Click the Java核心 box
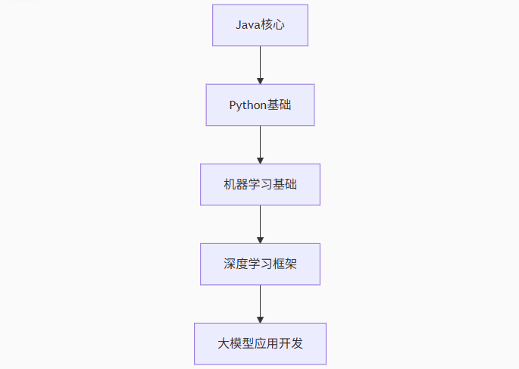pyautogui.click(x=260, y=25)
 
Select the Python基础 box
pyautogui.click(x=260, y=105)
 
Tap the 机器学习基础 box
pyautogui.click(x=260, y=184)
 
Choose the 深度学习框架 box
pyautogui.click(x=260, y=264)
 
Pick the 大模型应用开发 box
pyautogui.click(x=260, y=343)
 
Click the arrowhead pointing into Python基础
pyautogui.click(x=260, y=80)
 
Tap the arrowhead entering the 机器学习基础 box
pyautogui.click(x=260, y=160)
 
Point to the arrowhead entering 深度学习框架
pyautogui.click(x=260, y=239)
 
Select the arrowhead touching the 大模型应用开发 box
pyautogui.click(x=260, y=319)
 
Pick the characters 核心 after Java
pyautogui.click(x=273, y=26)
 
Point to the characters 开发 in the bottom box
pyautogui.click(x=292, y=344)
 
